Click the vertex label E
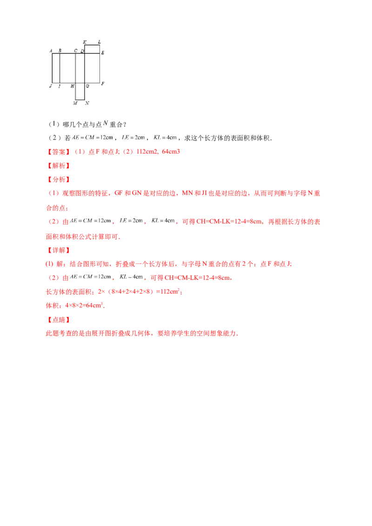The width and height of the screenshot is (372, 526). point(103,53)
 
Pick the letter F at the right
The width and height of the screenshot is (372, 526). point(103,84)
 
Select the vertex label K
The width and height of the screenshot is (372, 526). point(84,42)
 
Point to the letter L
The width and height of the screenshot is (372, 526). point(100,42)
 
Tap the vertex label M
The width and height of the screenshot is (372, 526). point(75,103)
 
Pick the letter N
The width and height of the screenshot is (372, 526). point(87,103)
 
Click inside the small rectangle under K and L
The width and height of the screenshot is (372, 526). point(92,49)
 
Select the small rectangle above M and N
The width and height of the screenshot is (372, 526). point(80,92)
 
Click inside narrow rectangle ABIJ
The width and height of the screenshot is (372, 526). point(56,68)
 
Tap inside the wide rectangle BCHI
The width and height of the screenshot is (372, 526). point(67,68)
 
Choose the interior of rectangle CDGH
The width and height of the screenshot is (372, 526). point(80,68)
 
